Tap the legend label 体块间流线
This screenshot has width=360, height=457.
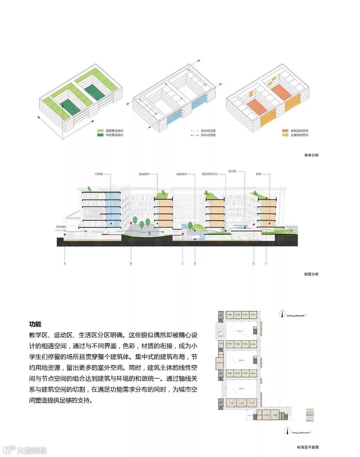click(x=208, y=131)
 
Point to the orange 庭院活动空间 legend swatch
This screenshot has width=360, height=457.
click(x=285, y=131)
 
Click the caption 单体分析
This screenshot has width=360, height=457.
click(x=311, y=155)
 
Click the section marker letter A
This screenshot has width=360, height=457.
click(x=65, y=263)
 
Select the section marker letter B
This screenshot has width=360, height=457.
click(x=131, y=263)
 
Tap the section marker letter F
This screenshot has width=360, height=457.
click(x=266, y=263)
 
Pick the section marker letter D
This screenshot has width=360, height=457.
click(x=195, y=263)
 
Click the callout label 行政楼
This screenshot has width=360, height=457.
click(x=99, y=174)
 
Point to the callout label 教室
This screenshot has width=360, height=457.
click(x=259, y=174)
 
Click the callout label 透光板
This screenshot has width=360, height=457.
click(x=232, y=171)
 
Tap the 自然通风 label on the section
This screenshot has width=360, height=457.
click(x=61, y=227)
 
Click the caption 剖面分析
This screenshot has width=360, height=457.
click(x=311, y=274)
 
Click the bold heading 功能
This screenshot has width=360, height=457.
click(x=35, y=324)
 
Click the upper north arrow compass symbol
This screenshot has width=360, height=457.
click(x=283, y=313)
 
